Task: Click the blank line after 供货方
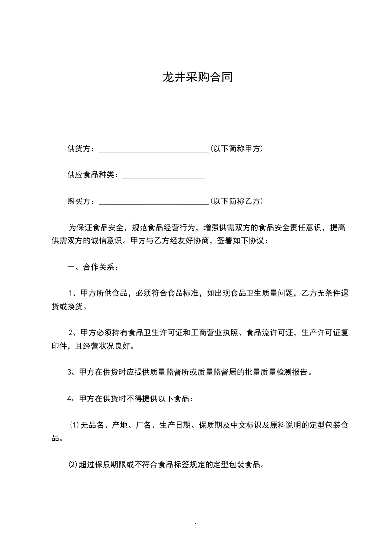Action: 154,149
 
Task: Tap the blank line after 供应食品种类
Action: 163,175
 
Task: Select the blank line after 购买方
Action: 154,201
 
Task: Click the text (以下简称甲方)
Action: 236,149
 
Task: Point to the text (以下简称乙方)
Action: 236,201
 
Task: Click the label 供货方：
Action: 82,149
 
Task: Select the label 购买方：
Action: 82,201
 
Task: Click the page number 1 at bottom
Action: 196,526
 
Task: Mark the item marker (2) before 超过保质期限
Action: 74,465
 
